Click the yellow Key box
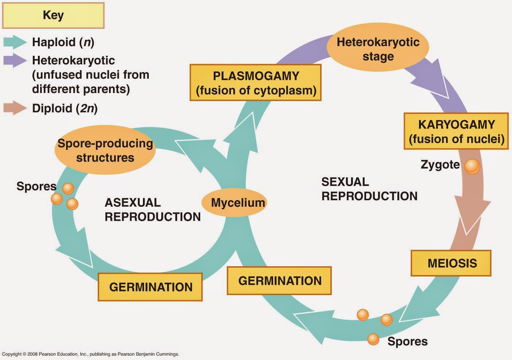pyautogui.click(x=53, y=15)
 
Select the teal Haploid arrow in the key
pyautogui.click(x=15, y=42)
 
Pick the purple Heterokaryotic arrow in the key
pyautogui.click(x=15, y=60)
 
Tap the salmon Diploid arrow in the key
pyautogui.click(x=15, y=108)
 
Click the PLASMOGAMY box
pyautogui.click(x=256, y=82)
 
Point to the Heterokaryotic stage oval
pyautogui.click(x=378, y=47)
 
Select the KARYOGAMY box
pyautogui.click(x=456, y=131)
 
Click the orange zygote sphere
pyautogui.click(x=472, y=167)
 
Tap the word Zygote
pyautogui.click(x=440, y=165)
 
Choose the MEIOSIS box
pyautogui.click(x=451, y=263)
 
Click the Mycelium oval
pyautogui.click(x=234, y=202)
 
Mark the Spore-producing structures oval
pyautogui.click(x=105, y=150)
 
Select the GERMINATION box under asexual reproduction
pyautogui.click(x=150, y=287)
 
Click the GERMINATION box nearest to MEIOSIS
pyautogui.click(x=279, y=281)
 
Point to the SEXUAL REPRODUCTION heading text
pyautogui.click(x=369, y=189)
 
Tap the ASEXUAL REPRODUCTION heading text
pyautogui.click(x=153, y=210)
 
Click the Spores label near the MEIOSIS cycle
pyautogui.click(x=408, y=341)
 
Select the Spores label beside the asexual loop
pyautogui.click(x=36, y=186)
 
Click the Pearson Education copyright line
pyautogui.click(x=90, y=354)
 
